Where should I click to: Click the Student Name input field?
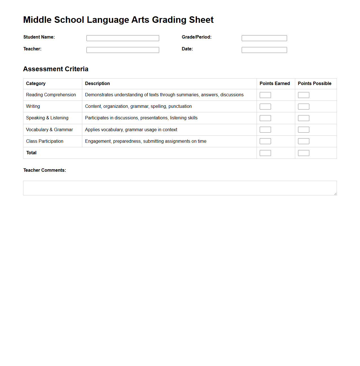point(123,38)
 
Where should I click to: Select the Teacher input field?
point(123,50)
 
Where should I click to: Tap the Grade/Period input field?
point(264,38)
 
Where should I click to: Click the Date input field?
point(264,50)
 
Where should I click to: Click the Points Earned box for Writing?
point(265,107)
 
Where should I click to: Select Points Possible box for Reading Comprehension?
point(303,95)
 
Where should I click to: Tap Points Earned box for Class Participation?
point(265,141)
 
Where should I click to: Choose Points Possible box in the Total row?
point(303,153)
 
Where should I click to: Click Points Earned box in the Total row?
point(265,153)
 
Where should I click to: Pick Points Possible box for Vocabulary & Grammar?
point(303,130)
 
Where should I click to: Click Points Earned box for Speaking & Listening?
point(265,118)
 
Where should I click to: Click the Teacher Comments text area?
point(180,188)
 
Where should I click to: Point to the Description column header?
point(97,84)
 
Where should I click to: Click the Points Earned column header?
point(275,84)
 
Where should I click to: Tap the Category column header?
point(36,84)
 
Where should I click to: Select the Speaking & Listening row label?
point(47,118)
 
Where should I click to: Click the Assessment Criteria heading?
point(56,69)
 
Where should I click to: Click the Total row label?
point(31,153)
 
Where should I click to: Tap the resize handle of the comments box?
point(335,194)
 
